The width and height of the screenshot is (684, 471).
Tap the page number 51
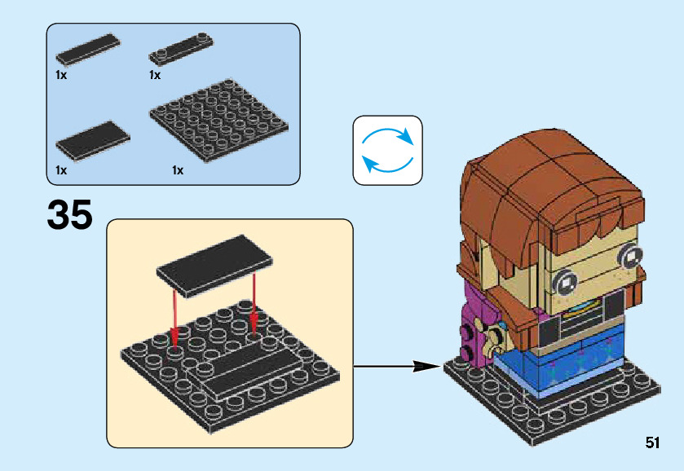[x=651, y=442]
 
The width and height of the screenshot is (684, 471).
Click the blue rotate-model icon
[x=387, y=149]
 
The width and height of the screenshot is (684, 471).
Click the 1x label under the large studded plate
[x=177, y=170]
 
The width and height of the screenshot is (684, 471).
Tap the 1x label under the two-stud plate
[x=154, y=75]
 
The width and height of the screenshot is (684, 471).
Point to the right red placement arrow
[x=254, y=302]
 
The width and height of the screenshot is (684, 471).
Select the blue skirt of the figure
[x=563, y=366]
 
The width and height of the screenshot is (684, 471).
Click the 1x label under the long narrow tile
[x=60, y=75]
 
